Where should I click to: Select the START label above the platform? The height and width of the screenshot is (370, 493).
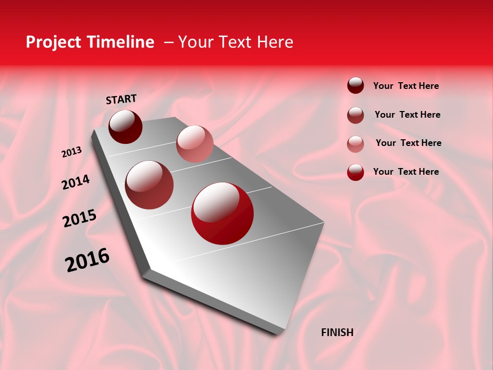coord(121,99)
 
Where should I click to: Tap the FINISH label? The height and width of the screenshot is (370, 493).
coord(337,332)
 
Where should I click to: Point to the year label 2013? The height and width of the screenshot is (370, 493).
coord(71,152)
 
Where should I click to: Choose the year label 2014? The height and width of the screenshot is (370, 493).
coord(75,182)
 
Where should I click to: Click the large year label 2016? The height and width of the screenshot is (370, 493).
coord(87,260)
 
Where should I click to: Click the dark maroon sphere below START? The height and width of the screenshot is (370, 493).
coord(125,126)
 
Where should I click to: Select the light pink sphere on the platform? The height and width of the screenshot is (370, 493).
coord(195,144)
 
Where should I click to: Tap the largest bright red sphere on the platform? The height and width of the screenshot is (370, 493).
coord(222,213)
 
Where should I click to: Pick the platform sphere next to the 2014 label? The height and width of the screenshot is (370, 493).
coord(149,185)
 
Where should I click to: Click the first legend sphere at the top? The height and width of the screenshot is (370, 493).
coord(355,85)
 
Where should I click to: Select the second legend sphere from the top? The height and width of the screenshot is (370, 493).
coord(355,115)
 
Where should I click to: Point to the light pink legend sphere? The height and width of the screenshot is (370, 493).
coord(355,144)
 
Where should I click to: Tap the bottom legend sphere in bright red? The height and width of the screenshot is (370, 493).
coord(355,172)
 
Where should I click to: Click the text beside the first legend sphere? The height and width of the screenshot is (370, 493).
coord(406,86)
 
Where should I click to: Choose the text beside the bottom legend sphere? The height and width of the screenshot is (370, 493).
coord(406,172)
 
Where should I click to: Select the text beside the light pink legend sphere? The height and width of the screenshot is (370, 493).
coord(408,143)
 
